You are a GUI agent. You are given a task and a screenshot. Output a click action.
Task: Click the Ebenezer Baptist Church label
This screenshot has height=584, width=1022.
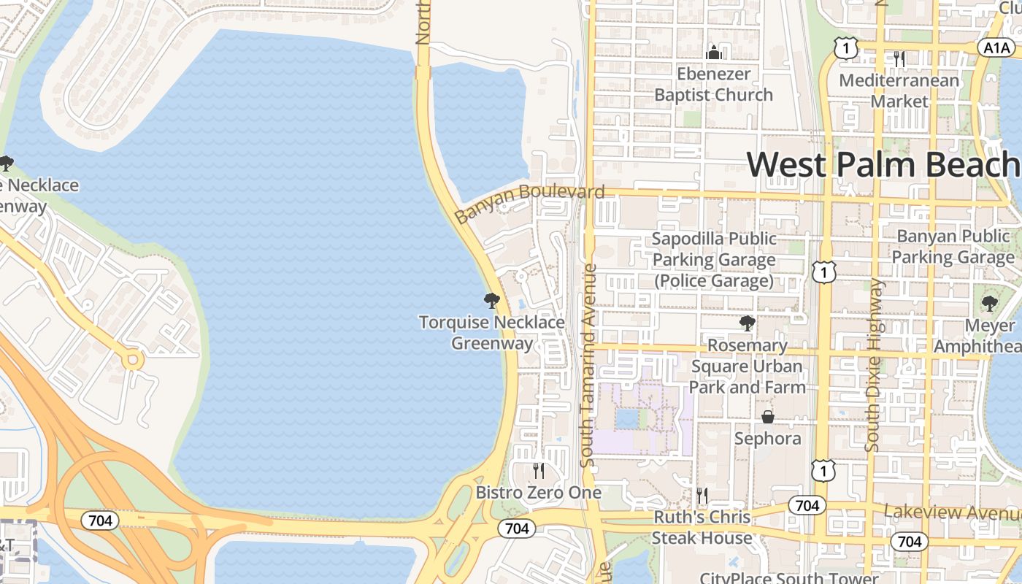click(x=713, y=84)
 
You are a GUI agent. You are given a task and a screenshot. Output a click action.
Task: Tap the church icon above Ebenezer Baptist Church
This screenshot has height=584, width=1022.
click(x=714, y=53)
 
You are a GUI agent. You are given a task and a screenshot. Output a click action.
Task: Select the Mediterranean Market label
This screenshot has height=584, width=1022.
click(x=899, y=91)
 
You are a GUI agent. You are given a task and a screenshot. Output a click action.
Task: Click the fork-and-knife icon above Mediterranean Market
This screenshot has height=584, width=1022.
click(x=899, y=59)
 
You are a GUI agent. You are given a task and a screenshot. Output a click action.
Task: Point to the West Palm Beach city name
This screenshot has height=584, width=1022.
click(x=883, y=164)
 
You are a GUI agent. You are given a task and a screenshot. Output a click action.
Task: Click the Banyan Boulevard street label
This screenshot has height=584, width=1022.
click(x=529, y=203)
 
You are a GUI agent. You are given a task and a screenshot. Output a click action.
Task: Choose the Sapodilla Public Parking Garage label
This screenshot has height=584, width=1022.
click(x=714, y=259)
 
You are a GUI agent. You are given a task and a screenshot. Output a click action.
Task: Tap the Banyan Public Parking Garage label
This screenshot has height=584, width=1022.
click(x=953, y=247)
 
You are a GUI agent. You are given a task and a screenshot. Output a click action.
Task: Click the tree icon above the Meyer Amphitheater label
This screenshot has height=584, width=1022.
click(x=989, y=304)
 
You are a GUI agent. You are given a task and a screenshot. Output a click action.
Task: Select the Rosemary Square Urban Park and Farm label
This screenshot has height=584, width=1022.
click(x=747, y=366)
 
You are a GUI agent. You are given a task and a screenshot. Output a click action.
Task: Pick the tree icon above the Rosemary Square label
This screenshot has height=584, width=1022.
click(x=747, y=323)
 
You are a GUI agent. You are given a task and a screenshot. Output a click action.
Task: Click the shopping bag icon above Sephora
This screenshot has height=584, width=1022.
click(x=768, y=417)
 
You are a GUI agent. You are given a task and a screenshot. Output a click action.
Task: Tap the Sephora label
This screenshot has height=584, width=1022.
click(x=768, y=438)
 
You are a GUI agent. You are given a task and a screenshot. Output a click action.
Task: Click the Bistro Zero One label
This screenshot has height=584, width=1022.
click(x=539, y=492)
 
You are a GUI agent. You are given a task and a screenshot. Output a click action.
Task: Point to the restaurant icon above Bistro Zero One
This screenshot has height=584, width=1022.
click(x=539, y=470)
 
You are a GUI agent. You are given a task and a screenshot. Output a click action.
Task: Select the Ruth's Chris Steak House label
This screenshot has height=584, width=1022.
click(x=702, y=527)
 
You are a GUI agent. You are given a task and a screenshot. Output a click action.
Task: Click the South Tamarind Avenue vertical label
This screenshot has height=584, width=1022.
click(x=588, y=365)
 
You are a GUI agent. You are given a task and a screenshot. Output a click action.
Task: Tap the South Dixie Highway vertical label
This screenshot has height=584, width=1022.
click(x=873, y=365)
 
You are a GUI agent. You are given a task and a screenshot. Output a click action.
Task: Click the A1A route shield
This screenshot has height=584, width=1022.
click(x=996, y=47)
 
